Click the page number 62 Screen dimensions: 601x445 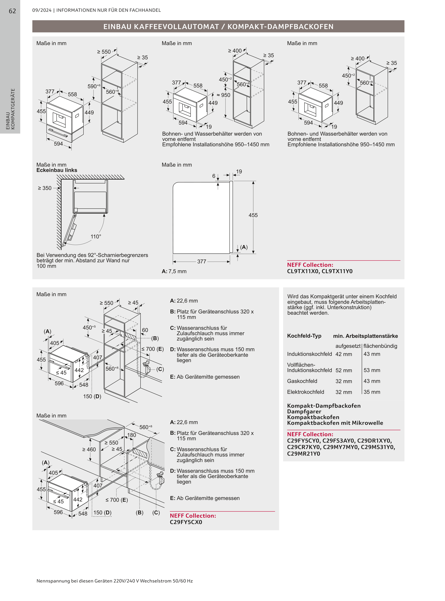click(12, 11)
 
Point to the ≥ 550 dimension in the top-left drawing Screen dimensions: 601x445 click(104, 52)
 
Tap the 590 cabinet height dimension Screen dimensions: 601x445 click(92, 86)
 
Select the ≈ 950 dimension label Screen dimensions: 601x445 click(224, 95)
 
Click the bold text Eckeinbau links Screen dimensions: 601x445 click(57, 170)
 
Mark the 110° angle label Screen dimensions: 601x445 click(96, 236)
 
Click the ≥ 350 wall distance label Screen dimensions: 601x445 click(45, 188)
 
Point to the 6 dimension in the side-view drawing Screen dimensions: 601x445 click(214, 176)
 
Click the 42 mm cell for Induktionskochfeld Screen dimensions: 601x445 click(343, 354)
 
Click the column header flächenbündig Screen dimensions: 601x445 click(380, 346)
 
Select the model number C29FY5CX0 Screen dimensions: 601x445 click(186, 522)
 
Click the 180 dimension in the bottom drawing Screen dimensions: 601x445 click(131, 435)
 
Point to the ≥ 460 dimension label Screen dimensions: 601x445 click(89, 449)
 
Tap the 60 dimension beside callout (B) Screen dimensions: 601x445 click(145, 330)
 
